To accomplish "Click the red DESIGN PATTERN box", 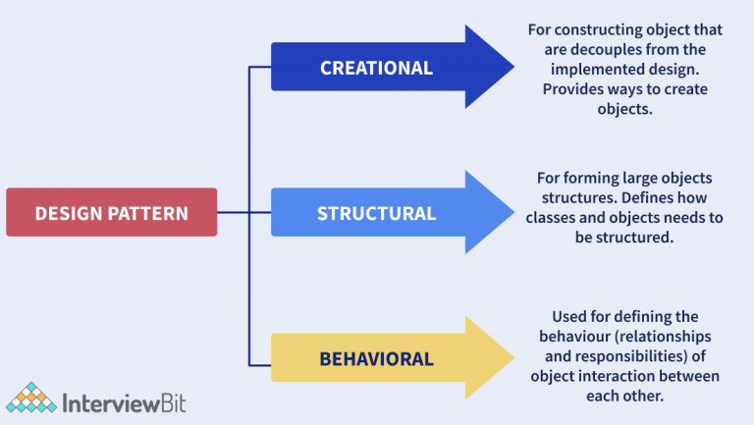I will pos(111,212).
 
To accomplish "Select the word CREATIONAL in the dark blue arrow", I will pos(376,69).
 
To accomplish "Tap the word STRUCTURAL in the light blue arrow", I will pos(376,213).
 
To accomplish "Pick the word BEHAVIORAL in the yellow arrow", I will pos(376,358).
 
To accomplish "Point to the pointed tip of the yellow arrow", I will pos(512,358).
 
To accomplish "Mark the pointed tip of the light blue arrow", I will pos(512,213).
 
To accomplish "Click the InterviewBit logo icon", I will pos(29,398).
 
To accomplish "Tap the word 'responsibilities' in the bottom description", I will pos(623,355).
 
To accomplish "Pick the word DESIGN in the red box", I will pos(70,213).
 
